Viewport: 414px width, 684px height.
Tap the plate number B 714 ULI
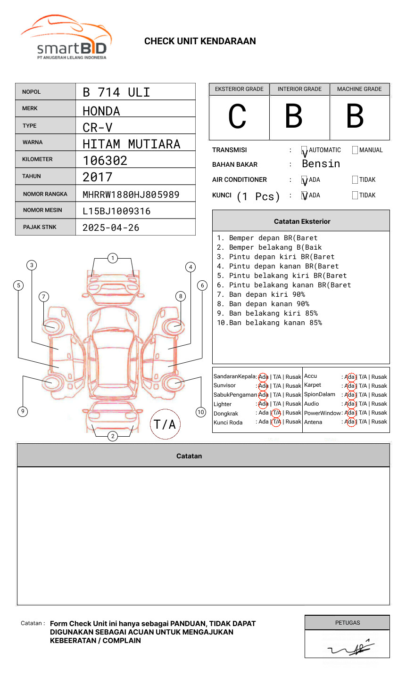(x=116, y=92)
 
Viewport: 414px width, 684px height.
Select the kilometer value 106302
(x=105, y=161)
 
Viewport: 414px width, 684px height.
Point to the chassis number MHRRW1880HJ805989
(x=131, y=194)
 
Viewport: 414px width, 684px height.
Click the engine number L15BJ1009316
(x=116, y=211)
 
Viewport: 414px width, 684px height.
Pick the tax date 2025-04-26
(x=111, y=228)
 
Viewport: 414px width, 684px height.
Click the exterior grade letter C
(x=237, y=117)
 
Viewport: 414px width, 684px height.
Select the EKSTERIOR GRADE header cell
(x=239, y=89)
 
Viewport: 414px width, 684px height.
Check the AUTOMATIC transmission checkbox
(x=304, y=151)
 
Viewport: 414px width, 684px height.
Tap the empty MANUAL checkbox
(x=355, y=150)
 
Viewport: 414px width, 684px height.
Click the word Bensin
(x=321, y=164)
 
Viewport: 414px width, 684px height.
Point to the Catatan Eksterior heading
(x=302, y=221)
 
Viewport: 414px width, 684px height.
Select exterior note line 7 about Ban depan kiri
(x=261, y=294)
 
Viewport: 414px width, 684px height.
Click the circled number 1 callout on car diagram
(x=112, y=258)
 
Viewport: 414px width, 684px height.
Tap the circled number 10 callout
(x=201, y=412)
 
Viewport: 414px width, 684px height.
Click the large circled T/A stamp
(x=165, y=424)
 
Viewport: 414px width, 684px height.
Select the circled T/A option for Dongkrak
(x=276, y=413)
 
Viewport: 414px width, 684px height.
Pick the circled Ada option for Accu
(x=350, y=377)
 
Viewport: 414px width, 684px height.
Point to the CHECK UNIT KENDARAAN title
(x=200, y=41)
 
